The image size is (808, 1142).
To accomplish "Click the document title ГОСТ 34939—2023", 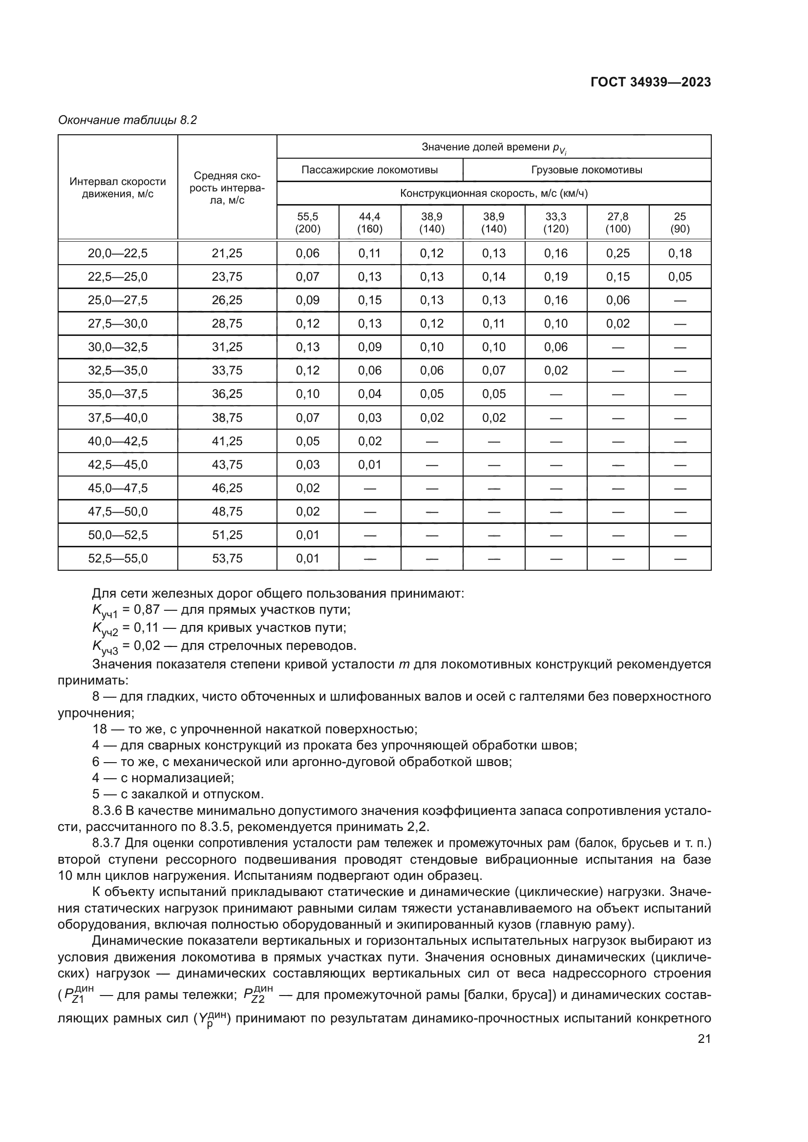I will click(x=650, y=83).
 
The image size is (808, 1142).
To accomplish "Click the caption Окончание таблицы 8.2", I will click(x=128, y=121).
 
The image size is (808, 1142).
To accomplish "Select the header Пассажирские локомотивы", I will click(x=369, y=170).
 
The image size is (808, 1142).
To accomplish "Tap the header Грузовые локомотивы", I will click(x=587, y=170).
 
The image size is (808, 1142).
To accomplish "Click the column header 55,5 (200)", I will click(x=307, y=223).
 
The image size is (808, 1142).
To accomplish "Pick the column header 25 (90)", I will click(x=680, y=223).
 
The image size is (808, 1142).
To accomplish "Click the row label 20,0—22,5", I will click(x=118, y=253).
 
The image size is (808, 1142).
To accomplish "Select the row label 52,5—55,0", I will click(x=118, y=558).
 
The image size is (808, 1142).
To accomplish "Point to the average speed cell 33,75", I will click(x=227, y=371).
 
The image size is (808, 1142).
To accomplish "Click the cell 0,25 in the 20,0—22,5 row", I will click(x=617, y=253).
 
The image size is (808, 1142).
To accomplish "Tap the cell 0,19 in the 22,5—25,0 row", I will click(x=556, y=276).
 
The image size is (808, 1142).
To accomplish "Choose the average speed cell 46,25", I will click(x=227, y=488).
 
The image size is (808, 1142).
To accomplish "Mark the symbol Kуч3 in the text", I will click(x=105, y=647).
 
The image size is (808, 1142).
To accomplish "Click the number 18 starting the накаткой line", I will click(x=100, y=729).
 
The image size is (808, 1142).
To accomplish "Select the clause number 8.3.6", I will click(x=107, y=811).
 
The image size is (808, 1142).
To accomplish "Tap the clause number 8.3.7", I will click(x=107, y=844).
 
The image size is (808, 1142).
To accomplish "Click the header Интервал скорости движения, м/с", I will click(x=118, y=187).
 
